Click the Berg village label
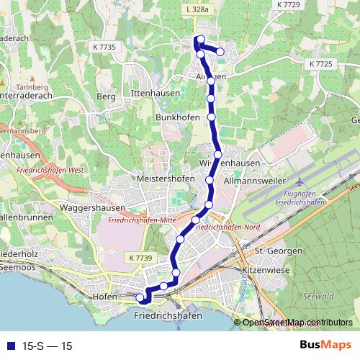tap(106, 96)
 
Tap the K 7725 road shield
tap(322, 64)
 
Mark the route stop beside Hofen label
tap(140, 297)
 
